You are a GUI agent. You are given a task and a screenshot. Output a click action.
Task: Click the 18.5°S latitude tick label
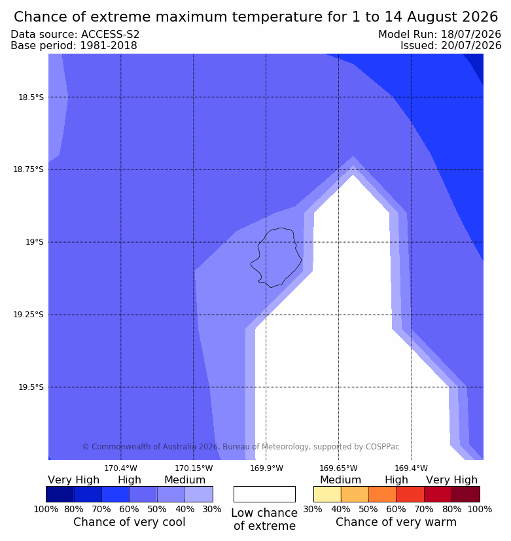pyautogui.click(x=31, y=97)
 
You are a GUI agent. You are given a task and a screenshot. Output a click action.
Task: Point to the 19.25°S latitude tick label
pyautogui.click(x=29, y=315)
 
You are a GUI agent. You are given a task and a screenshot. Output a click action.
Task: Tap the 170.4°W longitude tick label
pyautogui.click(x=121, y=468)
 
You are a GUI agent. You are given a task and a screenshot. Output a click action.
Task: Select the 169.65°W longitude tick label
pyautogui.click(x=338, y=468)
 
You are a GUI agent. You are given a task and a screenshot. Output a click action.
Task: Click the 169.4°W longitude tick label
pyautogui.click(x=412, y=468)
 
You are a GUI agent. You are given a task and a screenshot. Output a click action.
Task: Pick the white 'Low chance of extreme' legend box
pyautogui.click(x=264, y=494)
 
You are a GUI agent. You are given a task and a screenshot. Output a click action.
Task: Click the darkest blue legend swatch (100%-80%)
pyautogui.click(x=60, y=494)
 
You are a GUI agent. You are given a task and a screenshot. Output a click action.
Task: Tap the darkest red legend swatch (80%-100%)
pyautogui.click(x=466, y=494)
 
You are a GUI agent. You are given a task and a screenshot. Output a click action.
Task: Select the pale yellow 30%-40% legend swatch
pyautogui.click(x=327, y=494)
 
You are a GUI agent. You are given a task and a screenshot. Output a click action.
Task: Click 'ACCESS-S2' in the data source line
pyautogui.click(x=111, y=35)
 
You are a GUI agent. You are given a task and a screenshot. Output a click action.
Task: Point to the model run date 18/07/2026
pyautogui.click(x=471, y=35)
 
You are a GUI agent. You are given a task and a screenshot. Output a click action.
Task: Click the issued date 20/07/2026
pyautogui.click(x=471, y=46)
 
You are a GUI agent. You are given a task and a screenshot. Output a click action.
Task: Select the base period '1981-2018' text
pyautogui.click(x=109, y=46)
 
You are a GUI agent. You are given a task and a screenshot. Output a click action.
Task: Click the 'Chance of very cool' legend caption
pyautogui.click(x=130, y=522)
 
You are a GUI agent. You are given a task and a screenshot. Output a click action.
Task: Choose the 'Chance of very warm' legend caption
pyautogui.click(x=396, y=522)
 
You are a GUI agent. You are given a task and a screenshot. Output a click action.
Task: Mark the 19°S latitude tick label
pyautogui.click(x=35, y=242)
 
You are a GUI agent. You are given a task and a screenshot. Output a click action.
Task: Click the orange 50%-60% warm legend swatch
pyautogui.click(x=383, y=494)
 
